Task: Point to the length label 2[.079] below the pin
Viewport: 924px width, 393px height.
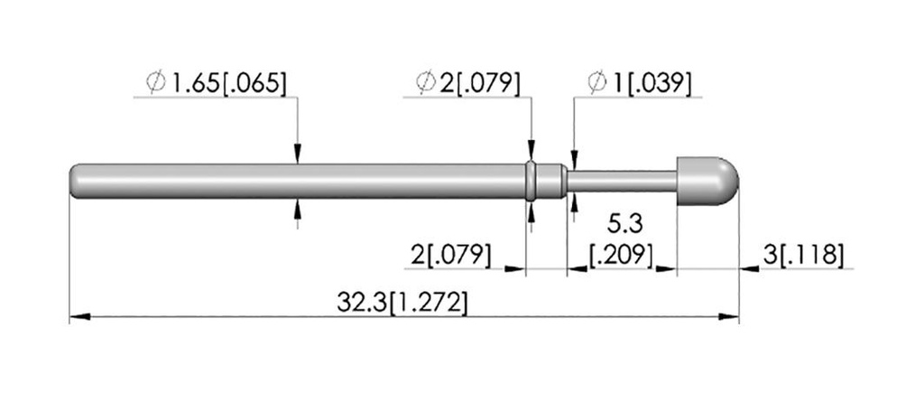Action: [x=451, y=256]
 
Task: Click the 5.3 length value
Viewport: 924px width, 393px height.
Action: [x=624, y=224]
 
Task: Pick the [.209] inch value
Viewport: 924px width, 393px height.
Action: [x=622, y=256]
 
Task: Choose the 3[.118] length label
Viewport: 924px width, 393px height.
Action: [x=803, y=256]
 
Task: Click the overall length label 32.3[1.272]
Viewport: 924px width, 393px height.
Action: [x=402, y=304]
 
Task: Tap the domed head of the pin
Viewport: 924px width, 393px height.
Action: [x=707, y=182]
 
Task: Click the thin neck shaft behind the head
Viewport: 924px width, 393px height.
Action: [x=622, y=182]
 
